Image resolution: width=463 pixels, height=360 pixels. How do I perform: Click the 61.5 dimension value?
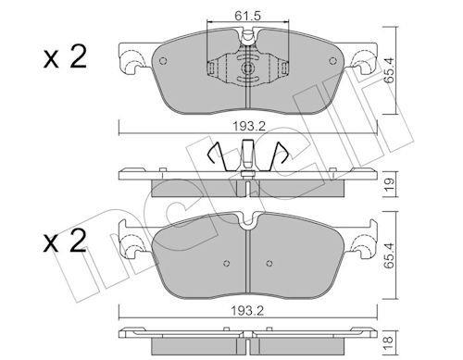click(247, 16)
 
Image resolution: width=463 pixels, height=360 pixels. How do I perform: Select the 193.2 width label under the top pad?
click(249, 126)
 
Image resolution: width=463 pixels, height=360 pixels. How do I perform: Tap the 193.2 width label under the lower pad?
click(247, 311)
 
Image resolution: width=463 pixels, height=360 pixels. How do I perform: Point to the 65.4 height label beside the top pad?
click(390, 70)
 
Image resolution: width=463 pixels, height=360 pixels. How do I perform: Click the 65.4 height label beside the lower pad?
click(390, 255)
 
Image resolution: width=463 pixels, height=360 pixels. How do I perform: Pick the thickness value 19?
click(390, 184)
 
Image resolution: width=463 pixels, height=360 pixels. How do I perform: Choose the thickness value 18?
click(390, 341)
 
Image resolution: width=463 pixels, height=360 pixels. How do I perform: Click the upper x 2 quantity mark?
click(65, 57)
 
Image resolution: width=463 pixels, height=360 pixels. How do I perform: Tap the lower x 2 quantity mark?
click(65, 242)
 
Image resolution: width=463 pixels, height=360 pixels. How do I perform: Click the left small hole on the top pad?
click(163, 61)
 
